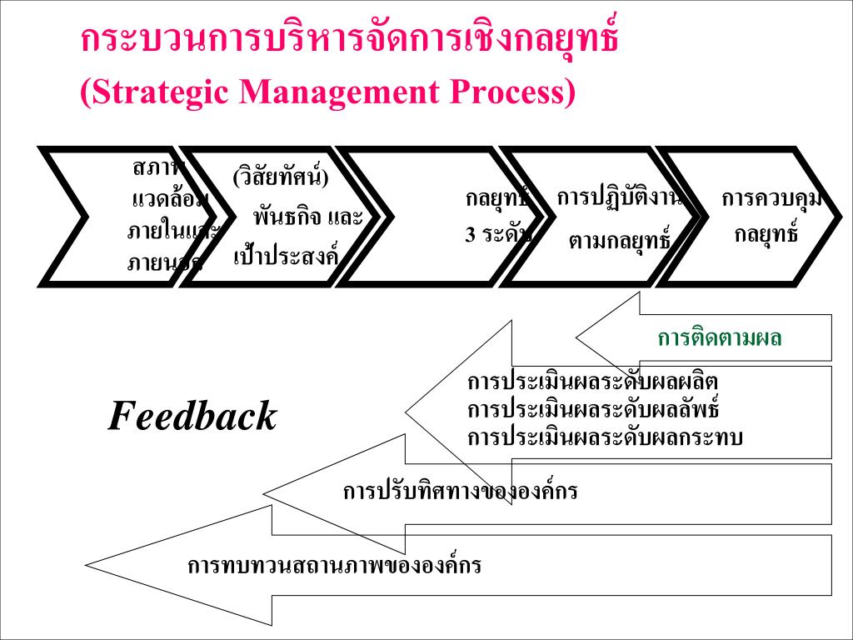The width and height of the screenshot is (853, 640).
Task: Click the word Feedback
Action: (192, 416)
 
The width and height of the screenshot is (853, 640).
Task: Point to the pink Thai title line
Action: (350, 41)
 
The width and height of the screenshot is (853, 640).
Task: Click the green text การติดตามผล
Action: (720, 338)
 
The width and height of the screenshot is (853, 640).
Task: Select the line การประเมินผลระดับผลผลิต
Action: (592, 382)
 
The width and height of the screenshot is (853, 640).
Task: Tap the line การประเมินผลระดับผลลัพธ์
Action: (592, 410)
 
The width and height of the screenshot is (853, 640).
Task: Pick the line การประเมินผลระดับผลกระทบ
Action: (605, 437)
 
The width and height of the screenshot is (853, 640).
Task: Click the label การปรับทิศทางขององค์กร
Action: (460, 491)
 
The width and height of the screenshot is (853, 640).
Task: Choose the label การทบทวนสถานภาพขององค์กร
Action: (334, 566)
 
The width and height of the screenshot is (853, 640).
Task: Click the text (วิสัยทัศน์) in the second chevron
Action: (281, 177)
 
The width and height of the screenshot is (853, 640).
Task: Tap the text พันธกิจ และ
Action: (308, 218)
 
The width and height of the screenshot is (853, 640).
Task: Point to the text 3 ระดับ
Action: (497, 234)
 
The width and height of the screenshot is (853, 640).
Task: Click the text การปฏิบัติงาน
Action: (619, 198)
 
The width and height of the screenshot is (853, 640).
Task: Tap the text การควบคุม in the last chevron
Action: (771, 199)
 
